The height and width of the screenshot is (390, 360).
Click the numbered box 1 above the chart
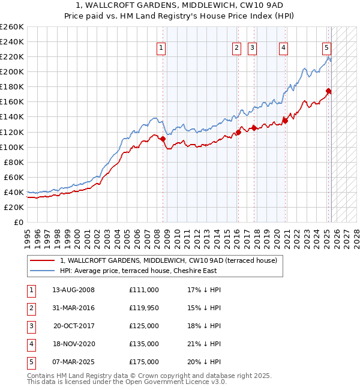click(x=162, y=49)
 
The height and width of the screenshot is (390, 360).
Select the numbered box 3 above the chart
click(x=252, y=49)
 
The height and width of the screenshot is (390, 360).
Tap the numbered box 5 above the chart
click(x=326, y=49)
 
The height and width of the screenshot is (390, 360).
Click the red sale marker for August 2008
click(x=163, y=139)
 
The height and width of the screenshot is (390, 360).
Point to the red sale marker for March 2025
click(x=329, y=91)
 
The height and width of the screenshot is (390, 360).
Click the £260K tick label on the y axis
click(x=12, y=27)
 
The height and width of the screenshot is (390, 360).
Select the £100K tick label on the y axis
click(x=12, y=147)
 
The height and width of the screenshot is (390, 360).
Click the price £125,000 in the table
click(x=144, y=326)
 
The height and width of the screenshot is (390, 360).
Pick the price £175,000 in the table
click(x=144, y=362)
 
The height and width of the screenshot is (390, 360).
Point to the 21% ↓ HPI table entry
click(x=205, y=344)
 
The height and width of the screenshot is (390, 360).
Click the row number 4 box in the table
click(x=31, y=344)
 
